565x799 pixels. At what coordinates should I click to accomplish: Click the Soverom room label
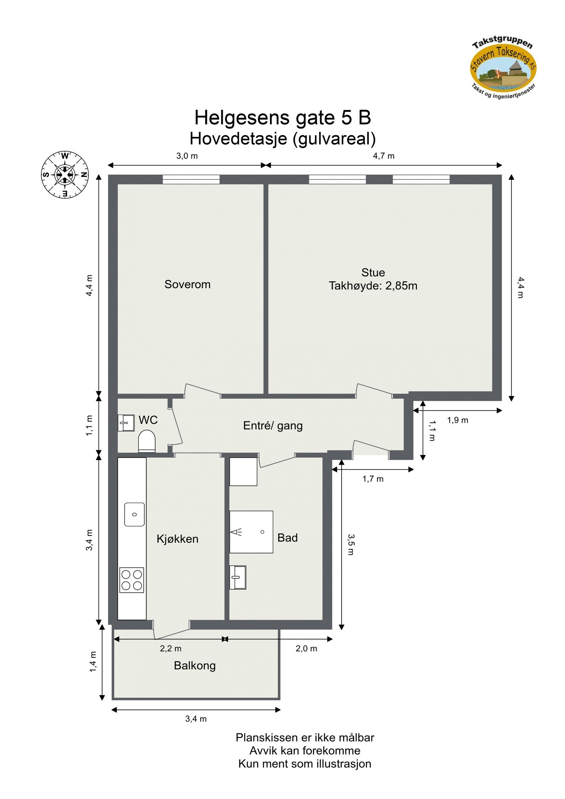coord(187,284)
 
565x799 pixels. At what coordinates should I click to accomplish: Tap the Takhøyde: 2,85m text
coord(373,286)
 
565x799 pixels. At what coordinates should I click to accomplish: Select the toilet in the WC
coord(147,441)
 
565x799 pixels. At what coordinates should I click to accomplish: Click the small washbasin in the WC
coord(126,423)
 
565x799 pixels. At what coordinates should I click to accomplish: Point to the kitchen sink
coord(134,514)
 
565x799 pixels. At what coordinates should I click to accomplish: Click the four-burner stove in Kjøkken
coord(132,580)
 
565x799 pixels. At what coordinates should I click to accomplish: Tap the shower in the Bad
coord(251,532)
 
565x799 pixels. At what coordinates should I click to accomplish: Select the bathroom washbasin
coord(238,577)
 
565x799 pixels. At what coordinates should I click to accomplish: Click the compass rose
coord(65,174)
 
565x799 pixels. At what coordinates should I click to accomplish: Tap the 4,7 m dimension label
coord(383,156)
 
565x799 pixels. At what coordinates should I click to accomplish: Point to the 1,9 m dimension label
coord(457,420)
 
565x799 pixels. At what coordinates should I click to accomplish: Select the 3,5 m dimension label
coord(351,544)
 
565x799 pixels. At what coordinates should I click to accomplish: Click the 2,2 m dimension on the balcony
coord(171,648)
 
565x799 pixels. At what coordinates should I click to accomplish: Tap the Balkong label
coord(195,666)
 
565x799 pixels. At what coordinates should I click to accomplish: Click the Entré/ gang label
coord(273,425)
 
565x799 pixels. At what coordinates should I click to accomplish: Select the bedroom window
coord(191,179)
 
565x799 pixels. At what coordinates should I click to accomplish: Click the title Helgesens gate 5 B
coord(282,118)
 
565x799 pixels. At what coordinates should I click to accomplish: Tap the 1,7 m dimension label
coord(373,479)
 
